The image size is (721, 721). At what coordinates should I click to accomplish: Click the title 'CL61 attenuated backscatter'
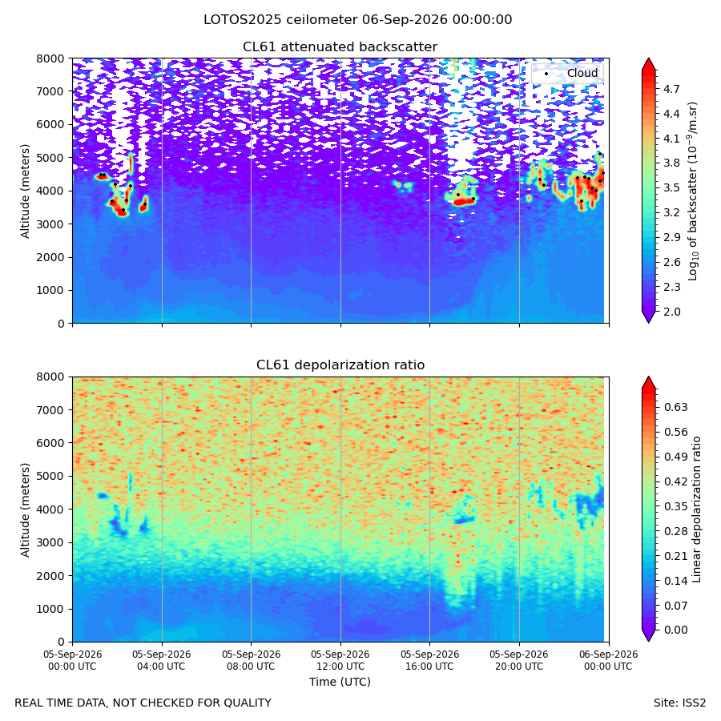340,47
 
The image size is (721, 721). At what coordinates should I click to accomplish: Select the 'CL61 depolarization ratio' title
340,365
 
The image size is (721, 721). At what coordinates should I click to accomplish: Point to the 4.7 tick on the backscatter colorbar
671,89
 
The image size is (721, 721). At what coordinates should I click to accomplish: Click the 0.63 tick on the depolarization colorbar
675,407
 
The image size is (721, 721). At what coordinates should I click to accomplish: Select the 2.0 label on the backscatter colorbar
671,312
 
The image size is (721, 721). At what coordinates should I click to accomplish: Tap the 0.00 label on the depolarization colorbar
675,630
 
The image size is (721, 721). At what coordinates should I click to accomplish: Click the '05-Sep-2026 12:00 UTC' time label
340,660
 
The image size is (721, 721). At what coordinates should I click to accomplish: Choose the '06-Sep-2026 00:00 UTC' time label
608,660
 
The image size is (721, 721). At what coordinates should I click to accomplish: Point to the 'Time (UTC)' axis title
340,682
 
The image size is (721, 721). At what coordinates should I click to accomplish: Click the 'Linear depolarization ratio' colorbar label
696,510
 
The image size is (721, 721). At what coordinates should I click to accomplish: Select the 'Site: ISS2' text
679,703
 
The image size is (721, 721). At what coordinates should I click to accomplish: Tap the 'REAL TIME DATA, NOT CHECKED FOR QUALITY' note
143,703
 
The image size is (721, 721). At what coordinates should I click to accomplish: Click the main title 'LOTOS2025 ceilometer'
280,20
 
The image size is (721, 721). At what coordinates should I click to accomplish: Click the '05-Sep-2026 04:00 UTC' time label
162,660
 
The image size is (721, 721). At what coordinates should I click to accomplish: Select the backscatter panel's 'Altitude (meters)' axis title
25,191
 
